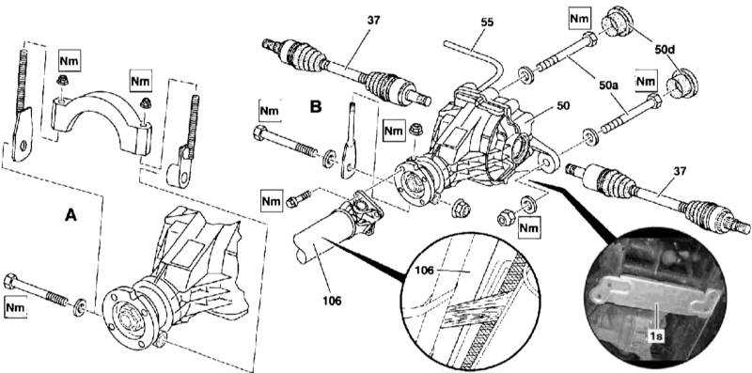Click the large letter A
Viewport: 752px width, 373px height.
tap(70, 216)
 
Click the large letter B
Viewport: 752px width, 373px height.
tap(315, 106)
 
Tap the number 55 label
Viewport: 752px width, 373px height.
tap(487, 22)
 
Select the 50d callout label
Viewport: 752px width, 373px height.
tap(665, 50)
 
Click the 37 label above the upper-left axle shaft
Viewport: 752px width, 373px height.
tap(372, 20)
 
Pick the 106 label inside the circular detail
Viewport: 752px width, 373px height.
tap(424, 271)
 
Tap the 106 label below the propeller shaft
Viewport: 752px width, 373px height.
tap(332, 301)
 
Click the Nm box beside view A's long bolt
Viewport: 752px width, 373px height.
tap(15, 307)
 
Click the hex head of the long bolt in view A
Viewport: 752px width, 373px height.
tap(10, 281)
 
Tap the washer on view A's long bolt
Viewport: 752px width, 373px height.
tap(80, 308)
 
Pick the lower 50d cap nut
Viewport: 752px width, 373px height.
tap(682, 85)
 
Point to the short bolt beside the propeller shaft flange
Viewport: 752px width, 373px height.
tap(299, 198)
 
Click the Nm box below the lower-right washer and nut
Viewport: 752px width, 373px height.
tap(529, 226)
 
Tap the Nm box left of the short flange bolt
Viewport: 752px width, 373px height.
tap(271, 201)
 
